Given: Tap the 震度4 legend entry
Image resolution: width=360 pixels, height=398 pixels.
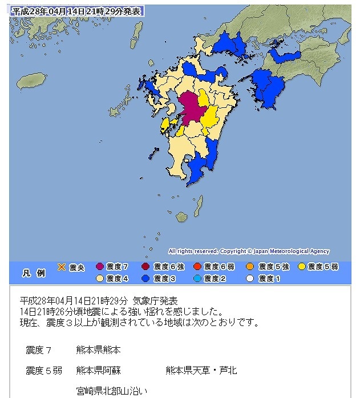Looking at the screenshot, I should tap(112, 278).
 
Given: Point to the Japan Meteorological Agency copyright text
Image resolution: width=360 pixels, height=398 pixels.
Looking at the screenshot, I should tap(249, 251).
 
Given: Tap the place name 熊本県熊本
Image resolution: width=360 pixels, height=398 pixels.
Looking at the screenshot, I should tap(98, 349).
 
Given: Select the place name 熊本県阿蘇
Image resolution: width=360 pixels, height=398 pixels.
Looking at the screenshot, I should tap(98, 371).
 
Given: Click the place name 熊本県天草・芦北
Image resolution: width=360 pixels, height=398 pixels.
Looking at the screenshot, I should tap(201, 371).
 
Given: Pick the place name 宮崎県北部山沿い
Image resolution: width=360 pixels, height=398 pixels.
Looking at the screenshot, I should tap(112, 391).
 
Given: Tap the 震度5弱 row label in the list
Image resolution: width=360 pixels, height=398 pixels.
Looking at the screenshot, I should tap(44, 371).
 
